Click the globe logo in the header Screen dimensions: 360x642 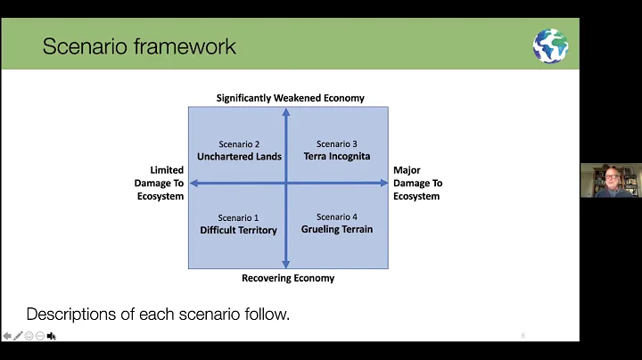point(550,45)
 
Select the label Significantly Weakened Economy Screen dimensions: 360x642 point(290,98)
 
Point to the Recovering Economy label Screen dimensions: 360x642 point(288,278)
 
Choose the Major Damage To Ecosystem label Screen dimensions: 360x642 point(417,183)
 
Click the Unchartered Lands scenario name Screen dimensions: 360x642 point(239,157)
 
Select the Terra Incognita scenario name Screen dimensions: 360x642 point(336,157)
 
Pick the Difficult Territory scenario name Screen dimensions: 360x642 point(238,230)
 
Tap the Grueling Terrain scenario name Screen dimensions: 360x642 point(336,230)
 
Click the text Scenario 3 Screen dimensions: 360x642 point(336,144)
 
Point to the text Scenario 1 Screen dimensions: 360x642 point(238,217)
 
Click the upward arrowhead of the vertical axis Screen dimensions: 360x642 point(285,112)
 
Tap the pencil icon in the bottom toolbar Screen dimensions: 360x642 point(18,336)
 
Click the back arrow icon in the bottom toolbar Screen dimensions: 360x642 point(7,336)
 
